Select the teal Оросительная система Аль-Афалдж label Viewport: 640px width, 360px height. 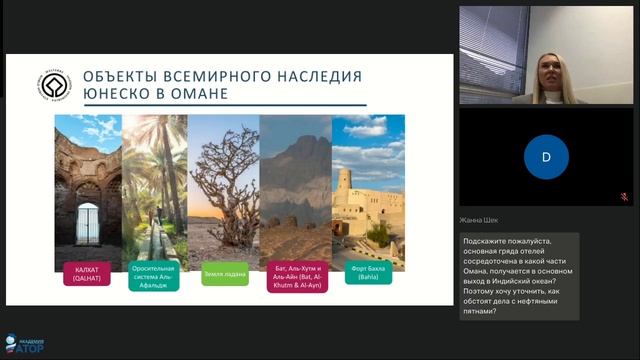coord(153,276)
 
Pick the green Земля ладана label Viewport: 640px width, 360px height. coord(224,273)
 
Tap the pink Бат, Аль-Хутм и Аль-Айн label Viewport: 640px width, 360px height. coord(296,276)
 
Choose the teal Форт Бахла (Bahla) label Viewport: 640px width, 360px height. coord(368,273)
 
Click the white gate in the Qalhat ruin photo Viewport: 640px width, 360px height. coord(88,223)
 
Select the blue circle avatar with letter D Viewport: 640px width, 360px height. coord(546,156)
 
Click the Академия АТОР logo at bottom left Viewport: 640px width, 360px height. coord(22,345)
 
